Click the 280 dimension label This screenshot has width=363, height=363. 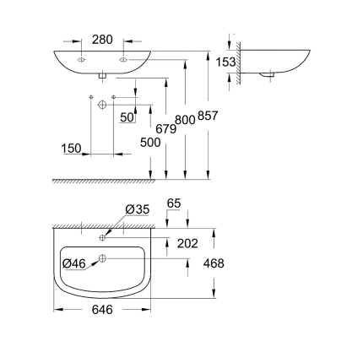(102, 40)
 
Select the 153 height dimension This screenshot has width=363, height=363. (225, 62)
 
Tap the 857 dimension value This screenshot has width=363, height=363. (208, 116)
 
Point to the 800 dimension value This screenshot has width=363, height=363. (185, 120)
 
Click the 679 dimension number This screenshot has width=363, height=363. (166, 129)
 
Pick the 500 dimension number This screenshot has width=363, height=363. (150, 143)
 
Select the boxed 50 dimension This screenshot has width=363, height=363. (127, 117)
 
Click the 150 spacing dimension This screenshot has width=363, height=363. (72, 149)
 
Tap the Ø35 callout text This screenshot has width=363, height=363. (138, 209)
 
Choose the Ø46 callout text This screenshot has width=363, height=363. (74, 263)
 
